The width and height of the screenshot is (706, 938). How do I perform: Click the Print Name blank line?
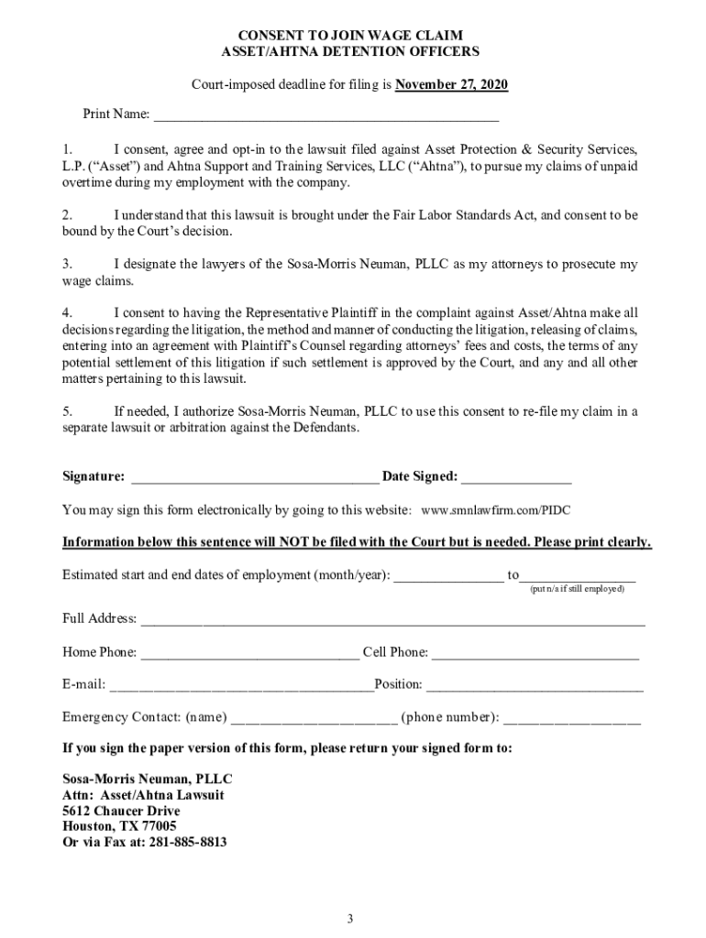coord(326,116)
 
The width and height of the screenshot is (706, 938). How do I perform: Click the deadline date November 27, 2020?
coord(451,85)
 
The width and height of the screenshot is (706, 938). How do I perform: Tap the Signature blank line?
coord(255,477)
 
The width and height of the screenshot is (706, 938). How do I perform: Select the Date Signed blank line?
coord(516,477)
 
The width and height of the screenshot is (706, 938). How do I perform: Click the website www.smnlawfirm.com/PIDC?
coord(495,509)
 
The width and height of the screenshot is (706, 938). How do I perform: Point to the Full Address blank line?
coord(392,620)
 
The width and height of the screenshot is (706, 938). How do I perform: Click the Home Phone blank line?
coord(250,654)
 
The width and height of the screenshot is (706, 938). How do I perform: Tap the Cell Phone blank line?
coord(535,654)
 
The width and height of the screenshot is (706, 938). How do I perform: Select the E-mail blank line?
coord(240,686)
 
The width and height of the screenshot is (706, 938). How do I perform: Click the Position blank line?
coord(535,686)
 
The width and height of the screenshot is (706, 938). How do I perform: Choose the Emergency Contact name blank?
coord(314,718)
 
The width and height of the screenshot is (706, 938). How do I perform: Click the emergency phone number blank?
coord(572,718)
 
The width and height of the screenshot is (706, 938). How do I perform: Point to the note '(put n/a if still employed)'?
coord(577,588)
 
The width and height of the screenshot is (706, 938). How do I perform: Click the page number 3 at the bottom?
coord(349,919)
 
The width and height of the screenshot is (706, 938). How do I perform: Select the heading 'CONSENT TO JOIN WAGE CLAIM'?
coord(352,36)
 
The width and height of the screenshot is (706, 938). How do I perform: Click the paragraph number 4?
coord(66,312)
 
